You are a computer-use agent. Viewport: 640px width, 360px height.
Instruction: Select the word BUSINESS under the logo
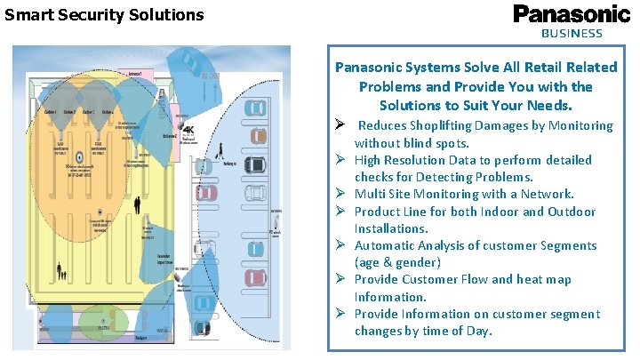click(x=572, y=33)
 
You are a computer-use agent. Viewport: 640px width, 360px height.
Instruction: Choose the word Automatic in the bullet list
click(x=388, y=245)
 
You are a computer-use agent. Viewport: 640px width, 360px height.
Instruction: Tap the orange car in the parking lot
click(x=258, y=136)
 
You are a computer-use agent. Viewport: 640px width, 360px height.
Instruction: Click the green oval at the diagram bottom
click(x=103, y=321)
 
